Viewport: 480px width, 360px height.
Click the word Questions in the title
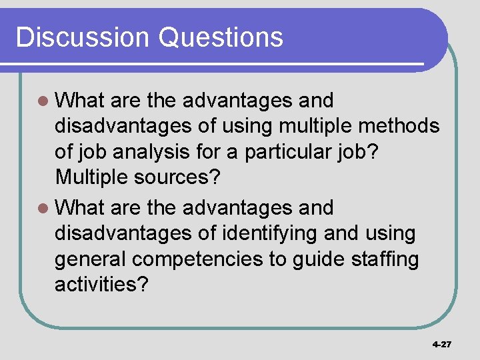221,37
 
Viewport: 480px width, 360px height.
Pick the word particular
294,151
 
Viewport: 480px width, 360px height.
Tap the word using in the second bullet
390,233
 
